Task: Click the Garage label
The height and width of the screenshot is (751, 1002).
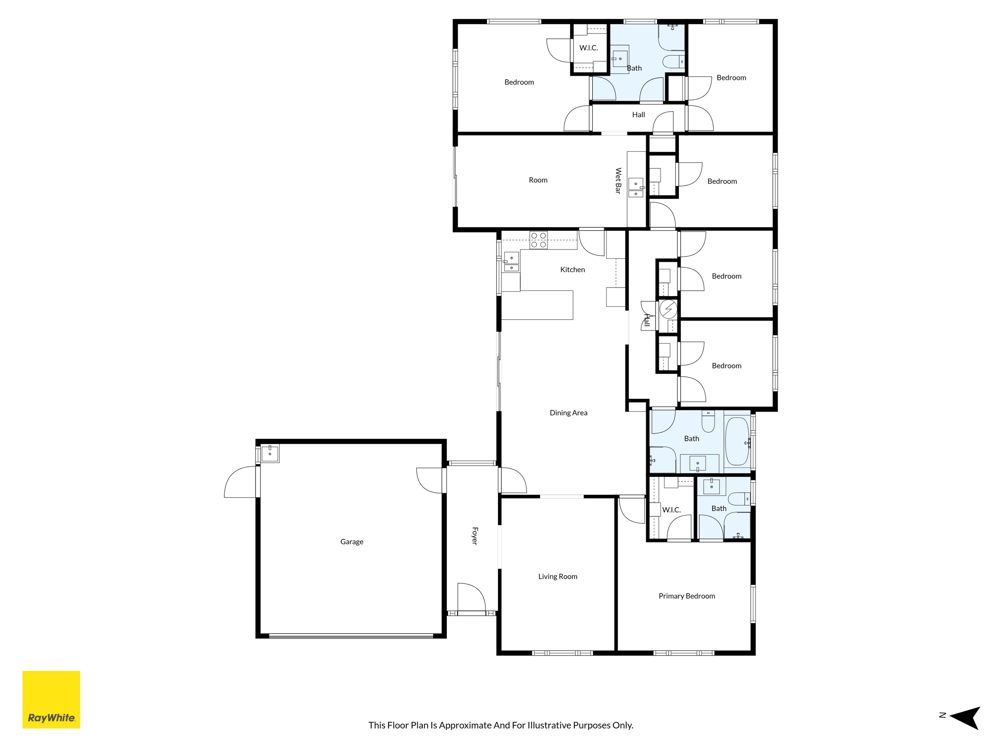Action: pyautogui.click(x=352, y=541)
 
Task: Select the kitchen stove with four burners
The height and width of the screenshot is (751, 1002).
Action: pyautogui.click(x=539, y=240)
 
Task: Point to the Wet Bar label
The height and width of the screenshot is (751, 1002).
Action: pyautogui.click(x=618, y=181)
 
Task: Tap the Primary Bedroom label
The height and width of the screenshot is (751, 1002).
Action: pyautogui.click(x=687, y=596)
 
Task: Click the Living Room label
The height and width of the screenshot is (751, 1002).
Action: pyautogui.click(x=558, y=576)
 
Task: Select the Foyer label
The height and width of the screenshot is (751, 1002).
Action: pyautogui.click(x=475, y=536)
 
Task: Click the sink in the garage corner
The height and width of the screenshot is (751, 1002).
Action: pyautogui.click(x=270, y=453)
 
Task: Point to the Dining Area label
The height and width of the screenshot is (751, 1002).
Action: pyautogui.click(x=569, y=412)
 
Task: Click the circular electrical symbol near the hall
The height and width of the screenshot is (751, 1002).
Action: pyautogui.click(x=668, y=309)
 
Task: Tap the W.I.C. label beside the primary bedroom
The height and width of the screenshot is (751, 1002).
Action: pyautogui.click(x=671, y=510)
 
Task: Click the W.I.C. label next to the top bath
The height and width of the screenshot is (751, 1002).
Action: pyautogui.click(x=588, y=48)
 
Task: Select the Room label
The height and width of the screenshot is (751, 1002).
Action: pyautogui.click(x=538, y=180)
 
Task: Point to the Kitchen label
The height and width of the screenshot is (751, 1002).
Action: pyautogui.click(x=572, y=269)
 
